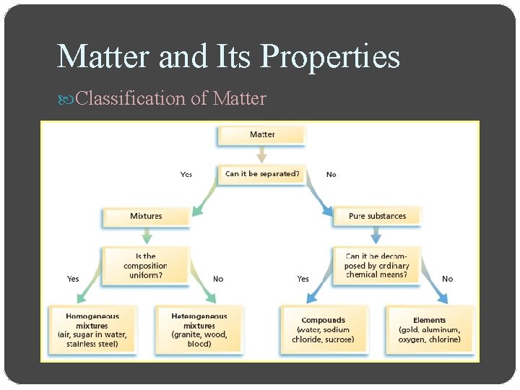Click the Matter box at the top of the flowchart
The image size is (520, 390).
pos(261,135)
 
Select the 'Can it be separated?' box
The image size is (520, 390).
pos(261,174)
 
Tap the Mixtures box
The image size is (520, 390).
pos(146,216)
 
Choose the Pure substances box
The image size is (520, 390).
pos(377,216)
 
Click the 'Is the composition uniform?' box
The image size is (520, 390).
pos(146,265)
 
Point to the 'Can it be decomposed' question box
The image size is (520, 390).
pos(376,265)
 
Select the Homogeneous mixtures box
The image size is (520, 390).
pos(92,330)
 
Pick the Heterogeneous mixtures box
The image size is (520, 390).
pos(199,330)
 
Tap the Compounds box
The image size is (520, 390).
pos(323,330)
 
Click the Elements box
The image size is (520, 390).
pos(430,330)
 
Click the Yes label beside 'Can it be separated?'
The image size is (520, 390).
pos(186,174)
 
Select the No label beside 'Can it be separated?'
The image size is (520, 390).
pos(331,174)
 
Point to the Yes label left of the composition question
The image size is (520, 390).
pos(73,279)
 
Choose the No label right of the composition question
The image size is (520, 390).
pos(218,279)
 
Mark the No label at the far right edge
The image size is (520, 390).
pos(448,279)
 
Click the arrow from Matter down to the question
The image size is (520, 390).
pos(261,155)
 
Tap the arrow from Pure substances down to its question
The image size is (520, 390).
pos(376,236)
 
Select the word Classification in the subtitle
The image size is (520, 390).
pos(131,98)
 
